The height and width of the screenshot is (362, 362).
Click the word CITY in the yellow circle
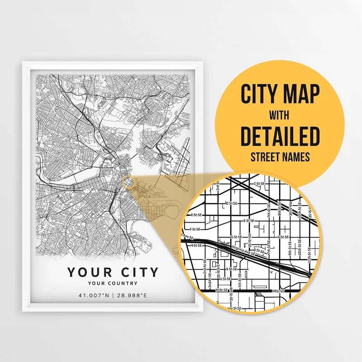(260, 94)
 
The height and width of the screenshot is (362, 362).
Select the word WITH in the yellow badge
(280, 114)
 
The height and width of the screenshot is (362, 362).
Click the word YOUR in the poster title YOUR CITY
(88, 272)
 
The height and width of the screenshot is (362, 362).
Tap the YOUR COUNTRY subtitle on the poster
(113, 283)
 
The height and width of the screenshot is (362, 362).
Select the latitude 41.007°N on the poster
(94, 295)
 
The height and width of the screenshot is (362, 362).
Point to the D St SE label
(231, 204)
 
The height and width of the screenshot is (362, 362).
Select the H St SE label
(196, 245)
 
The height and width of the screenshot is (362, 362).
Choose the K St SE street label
(232, 269)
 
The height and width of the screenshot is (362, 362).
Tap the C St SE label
(259, 184)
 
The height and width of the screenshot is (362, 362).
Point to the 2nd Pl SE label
(210, 283)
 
